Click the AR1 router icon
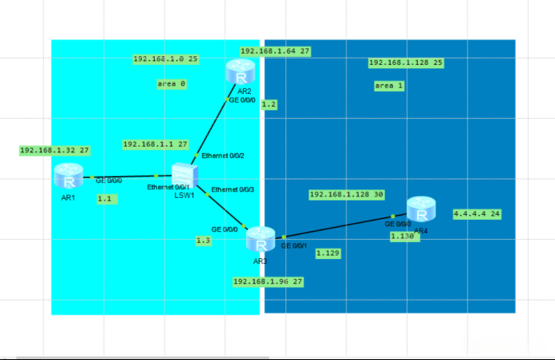(x=68, y=175)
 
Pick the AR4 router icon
(x=421, y=210)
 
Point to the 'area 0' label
(x=171, y=83)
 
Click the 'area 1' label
(x=389, y=85)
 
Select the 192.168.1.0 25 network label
(x=165, y=59)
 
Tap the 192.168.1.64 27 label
(x=275, y=51)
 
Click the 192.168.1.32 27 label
(x=55, y=150)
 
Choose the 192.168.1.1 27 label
(x=155, y=144)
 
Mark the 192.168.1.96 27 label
(x=268, y=281)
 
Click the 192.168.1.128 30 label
(x=346, y=195)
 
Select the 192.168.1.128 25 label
(x=406, y=63)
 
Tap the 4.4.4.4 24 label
(x=477, y=214)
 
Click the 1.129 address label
(x=327, y=253)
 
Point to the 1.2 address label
(x=269, y=104)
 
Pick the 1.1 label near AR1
(x=105, y=198)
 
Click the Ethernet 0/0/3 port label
(x=232, y=189)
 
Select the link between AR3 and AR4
(x=337, y=227)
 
